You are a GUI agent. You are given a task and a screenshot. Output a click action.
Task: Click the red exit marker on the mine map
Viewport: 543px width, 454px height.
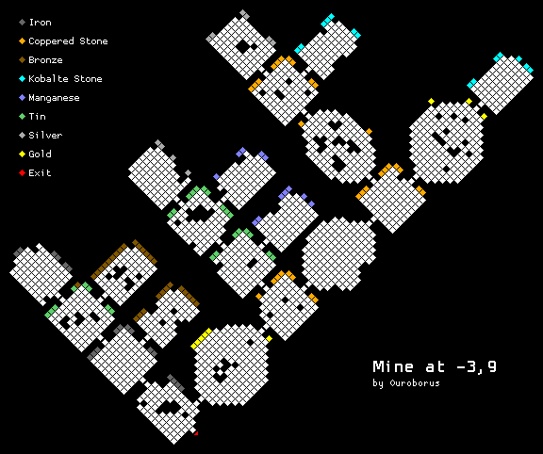(x=196, y=433)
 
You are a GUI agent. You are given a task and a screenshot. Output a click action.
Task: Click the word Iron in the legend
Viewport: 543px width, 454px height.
(x=41, y=23)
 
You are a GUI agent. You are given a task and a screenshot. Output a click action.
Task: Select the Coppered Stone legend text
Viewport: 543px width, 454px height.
(x=68, y=41)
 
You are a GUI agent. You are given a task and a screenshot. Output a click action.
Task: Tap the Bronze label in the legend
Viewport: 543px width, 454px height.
(x=45, y=60)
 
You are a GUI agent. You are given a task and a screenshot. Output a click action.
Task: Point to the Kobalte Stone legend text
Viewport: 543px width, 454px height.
(x=65, y=79)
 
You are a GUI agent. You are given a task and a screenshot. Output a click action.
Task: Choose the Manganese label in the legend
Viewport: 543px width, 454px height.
(x=54, y=98)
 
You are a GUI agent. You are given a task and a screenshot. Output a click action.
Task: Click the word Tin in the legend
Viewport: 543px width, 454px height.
(x=38, y=116)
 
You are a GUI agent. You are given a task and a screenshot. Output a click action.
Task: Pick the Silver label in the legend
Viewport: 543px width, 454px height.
(x=45, y=136)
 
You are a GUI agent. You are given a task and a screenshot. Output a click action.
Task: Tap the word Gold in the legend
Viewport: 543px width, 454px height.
(x=41, y=154)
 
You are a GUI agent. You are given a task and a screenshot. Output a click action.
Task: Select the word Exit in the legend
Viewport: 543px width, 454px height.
(x=41, y=172)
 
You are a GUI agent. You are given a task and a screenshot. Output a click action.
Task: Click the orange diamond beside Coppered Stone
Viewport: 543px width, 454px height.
(x=23, y=41)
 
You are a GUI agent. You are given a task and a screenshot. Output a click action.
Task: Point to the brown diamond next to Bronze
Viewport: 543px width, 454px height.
(x=23, y=60)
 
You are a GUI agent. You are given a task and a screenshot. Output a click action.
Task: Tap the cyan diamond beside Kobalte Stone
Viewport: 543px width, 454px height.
(x=23, y=79)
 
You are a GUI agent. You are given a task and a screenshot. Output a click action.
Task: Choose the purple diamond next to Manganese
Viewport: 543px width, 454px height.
(x=23, y=98)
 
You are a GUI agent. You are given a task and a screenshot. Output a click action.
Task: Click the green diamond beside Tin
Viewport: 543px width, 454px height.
(x=23, y=116)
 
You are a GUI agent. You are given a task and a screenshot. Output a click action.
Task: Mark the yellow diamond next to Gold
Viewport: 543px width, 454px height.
(x=23, y=154)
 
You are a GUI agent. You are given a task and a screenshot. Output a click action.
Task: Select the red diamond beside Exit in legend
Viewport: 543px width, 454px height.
(x=23, y=172)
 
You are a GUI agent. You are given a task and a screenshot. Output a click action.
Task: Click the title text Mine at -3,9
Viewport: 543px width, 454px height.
(x=435, y=366)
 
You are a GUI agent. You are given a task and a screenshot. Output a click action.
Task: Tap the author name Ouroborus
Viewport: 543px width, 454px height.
(x=415, y=383)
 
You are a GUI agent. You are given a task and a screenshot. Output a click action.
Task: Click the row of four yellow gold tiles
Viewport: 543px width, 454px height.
(x=201, y=338)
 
